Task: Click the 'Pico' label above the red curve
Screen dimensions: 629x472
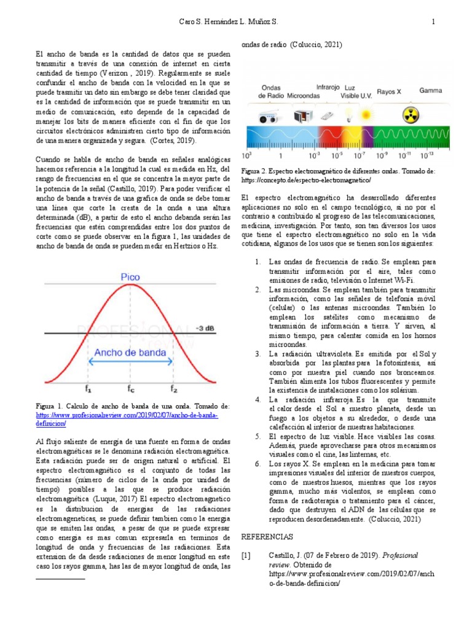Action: pos(130,278)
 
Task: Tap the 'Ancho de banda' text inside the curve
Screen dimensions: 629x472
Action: pos(130,353)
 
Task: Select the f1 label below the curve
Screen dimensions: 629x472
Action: pos(89,388)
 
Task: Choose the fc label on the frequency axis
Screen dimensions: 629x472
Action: pos(130,388)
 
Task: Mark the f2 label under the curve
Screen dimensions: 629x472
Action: pos(174,388)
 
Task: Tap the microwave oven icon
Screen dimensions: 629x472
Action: pos(301,115)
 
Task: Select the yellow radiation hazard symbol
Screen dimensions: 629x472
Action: pos(410,114)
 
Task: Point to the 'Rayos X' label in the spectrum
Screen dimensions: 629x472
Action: pos(389,91)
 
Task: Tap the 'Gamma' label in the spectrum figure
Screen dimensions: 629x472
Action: pos(431,90)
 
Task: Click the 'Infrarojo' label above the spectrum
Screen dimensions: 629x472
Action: pos(328,87)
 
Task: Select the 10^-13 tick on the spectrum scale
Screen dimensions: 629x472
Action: pos(430,156)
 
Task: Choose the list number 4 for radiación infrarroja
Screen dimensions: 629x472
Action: pos(258,400)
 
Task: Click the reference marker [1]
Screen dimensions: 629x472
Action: pos(246,556)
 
